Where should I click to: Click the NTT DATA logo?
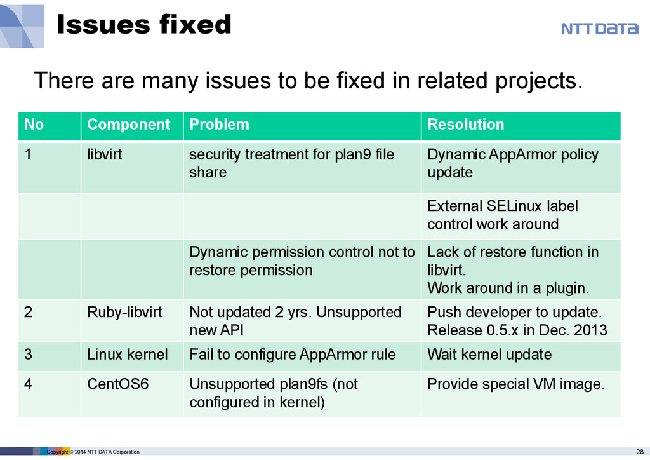[x=599, y=29]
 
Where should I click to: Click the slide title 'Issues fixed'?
[x=143, y=25]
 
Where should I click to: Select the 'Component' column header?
[x=128, y=125]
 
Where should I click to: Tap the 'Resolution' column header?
[x=465, y=125]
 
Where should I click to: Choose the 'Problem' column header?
[x=219, y=125]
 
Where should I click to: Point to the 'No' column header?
[x=34, y=125]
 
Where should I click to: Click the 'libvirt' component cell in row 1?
[x=105, y=154]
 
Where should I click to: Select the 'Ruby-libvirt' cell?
[x=124, y=312]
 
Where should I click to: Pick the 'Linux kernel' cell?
[x=127, y=354]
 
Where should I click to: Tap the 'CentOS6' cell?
[x=117, y=384]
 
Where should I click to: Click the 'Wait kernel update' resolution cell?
[x=489, y=354]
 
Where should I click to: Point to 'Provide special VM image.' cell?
[x=516, y=384]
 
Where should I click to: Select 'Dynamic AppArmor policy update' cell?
[x=513, y=163]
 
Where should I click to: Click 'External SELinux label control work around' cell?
[x=502, y=215]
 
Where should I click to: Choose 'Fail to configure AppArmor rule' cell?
[x=292, y=354]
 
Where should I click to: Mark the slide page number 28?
[x=639, y=451]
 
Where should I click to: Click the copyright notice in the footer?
[x=93, y=452]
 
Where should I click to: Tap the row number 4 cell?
[x=29, y=384]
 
